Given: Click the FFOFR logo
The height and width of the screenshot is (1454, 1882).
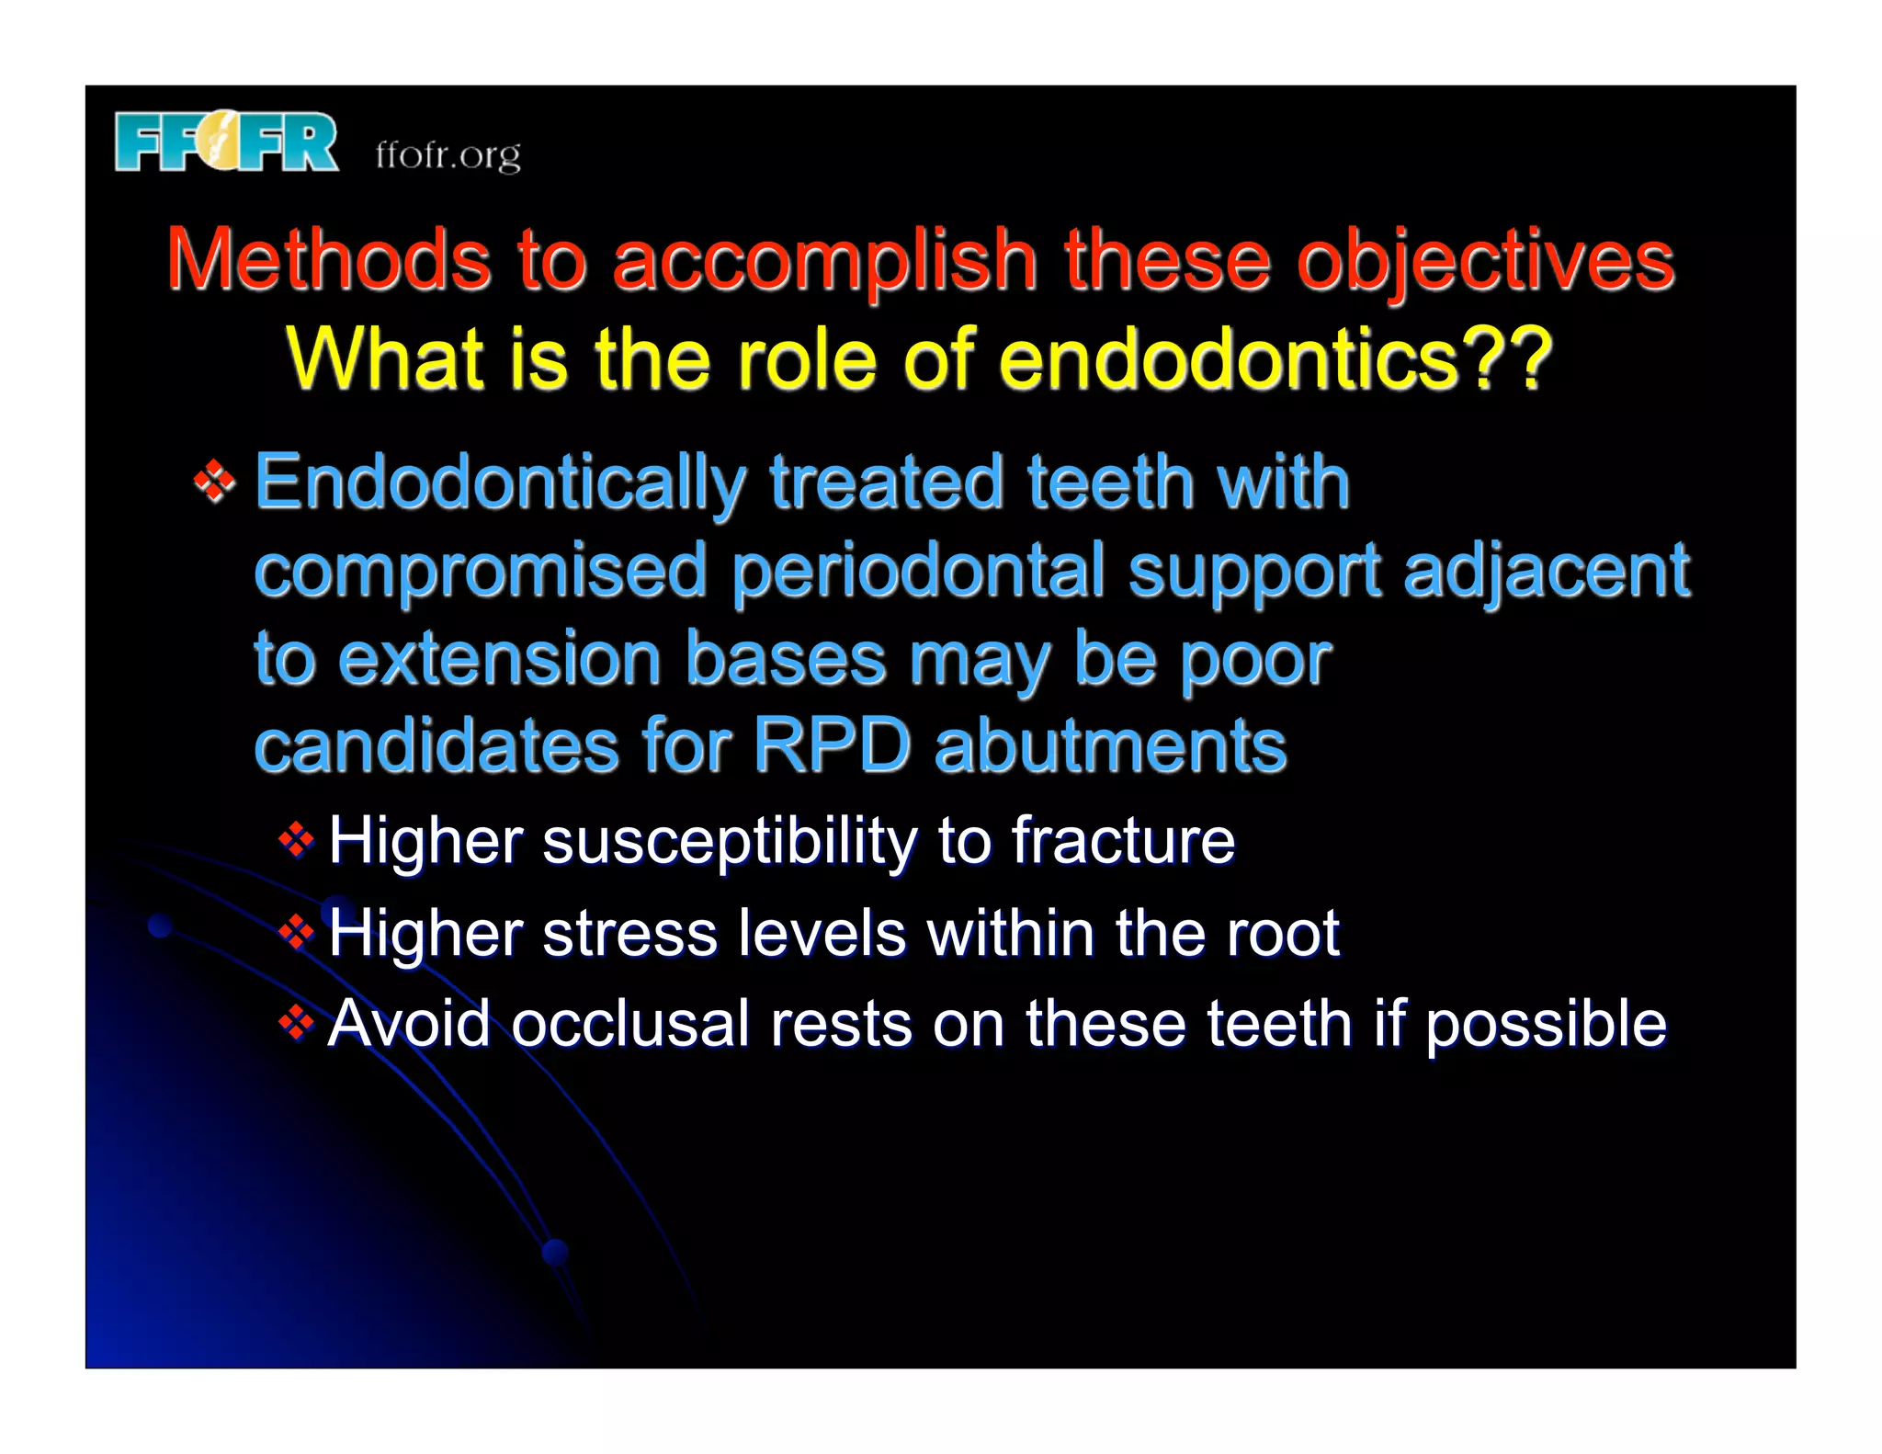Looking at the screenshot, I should [226, 142].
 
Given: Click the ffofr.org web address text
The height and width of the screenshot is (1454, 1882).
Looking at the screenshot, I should [448, 154].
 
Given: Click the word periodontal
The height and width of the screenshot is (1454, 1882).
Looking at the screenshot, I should [918, 570].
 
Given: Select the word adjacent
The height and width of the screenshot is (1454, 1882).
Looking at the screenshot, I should [1546, 570].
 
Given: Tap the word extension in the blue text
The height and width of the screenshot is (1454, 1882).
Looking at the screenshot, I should [500, 658].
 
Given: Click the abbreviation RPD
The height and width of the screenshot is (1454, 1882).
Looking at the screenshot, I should [832, 744].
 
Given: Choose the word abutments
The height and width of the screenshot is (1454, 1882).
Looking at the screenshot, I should [1110, 744].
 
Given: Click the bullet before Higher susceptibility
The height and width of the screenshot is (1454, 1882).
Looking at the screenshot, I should [296, 839].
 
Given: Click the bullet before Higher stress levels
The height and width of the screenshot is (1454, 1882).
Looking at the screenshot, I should [296, 933].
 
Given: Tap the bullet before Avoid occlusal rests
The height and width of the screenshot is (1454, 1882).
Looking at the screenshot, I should [296, 1023].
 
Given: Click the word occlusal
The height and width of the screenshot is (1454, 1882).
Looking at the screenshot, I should [630, 1024].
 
